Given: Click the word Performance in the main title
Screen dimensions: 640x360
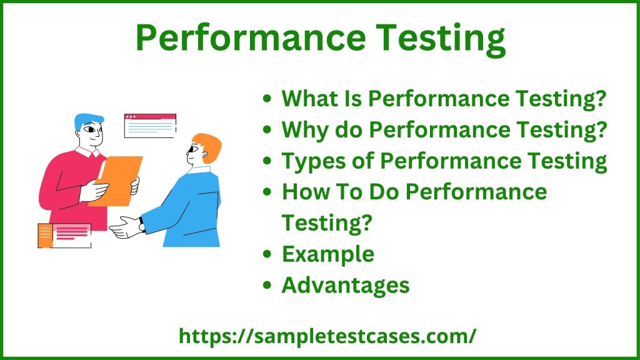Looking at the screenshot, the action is point(251,37).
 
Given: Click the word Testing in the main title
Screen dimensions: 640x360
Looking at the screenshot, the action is point(441,39).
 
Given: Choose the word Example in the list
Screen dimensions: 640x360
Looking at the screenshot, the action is point(328,255).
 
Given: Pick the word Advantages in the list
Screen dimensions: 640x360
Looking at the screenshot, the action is point(346,285).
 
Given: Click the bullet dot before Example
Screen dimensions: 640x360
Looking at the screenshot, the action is point(267,254).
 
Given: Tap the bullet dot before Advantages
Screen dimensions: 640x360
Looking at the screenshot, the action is point(267,285).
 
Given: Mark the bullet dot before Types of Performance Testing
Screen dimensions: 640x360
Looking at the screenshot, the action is point(267,161).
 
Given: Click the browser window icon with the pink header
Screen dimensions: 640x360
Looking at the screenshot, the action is point(150,126).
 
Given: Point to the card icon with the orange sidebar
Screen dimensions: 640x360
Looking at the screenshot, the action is point(64,236).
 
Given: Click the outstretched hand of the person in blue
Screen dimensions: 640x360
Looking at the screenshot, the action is point(125,227).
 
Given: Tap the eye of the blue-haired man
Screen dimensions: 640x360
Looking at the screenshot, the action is point(89,130).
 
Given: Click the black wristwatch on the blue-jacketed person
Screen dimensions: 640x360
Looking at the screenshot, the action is point(142,224).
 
